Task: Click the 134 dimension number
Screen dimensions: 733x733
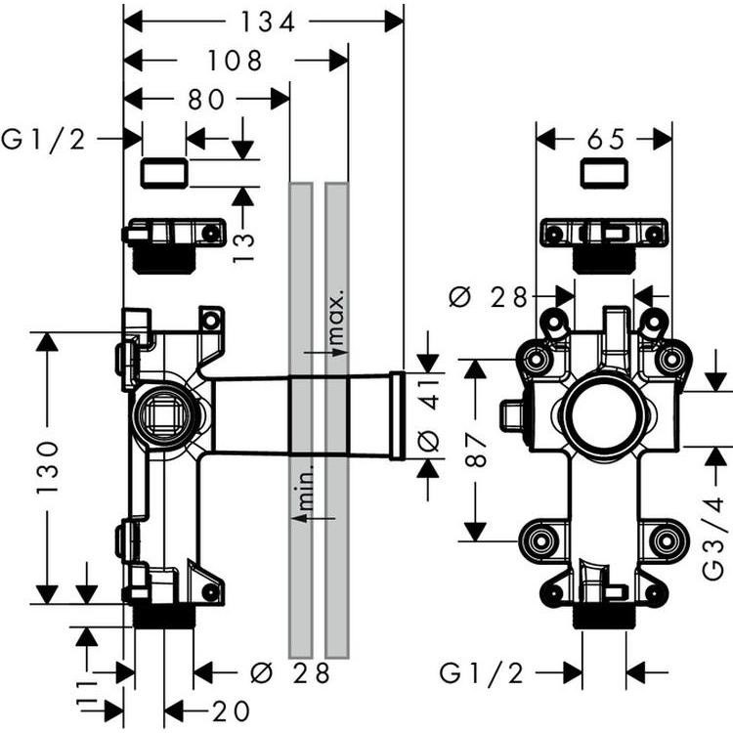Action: tap(262, 22)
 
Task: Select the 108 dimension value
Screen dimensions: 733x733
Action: tap(235, 61)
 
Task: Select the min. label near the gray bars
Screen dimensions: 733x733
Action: tap(305, 489)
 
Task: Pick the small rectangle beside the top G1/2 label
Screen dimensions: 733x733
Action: tap(164, 174)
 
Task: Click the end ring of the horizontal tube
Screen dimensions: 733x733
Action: tap(397, 414)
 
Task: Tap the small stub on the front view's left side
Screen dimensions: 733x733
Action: tap(510, 414)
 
